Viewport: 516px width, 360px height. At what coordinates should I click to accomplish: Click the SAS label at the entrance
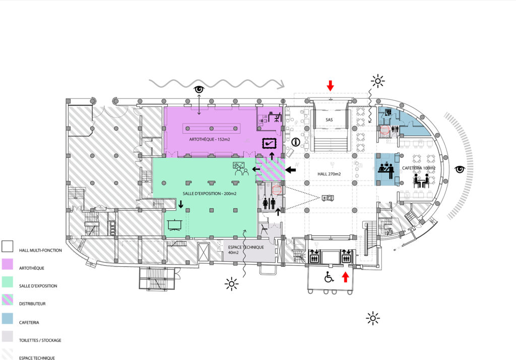click(329, 120)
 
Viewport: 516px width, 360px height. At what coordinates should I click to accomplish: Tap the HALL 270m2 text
click(329, 174)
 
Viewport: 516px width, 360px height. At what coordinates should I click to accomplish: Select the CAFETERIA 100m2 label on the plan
click(419, 168)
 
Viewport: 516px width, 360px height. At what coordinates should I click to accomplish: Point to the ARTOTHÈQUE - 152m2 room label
click(209, 139)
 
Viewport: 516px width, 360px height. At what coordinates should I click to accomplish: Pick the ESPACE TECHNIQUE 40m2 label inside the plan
click(246, 250)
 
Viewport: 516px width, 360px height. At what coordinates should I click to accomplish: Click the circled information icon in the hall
click(296, 142)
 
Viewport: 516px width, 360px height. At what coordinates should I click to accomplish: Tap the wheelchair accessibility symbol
click(329, 277)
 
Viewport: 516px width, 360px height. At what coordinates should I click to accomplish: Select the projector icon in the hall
click(328, 198)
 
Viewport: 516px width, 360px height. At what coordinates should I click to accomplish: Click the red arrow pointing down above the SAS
click(330, 85)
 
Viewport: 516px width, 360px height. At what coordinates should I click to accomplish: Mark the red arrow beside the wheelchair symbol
click(345, 277)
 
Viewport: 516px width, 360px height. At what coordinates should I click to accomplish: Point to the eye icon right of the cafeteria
click(460, 169)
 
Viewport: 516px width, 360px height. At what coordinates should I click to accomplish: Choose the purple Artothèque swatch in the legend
click(7, 264)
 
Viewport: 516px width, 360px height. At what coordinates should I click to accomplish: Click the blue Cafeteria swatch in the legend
click(7, 318)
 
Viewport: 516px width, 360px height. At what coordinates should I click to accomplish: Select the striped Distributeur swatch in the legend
click(7, 299)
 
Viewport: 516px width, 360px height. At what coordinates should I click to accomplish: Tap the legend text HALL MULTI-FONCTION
click(40, 250)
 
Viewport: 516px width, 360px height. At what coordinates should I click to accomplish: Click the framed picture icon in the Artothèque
click(269, 144)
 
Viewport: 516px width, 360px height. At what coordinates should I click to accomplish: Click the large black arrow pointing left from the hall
click(291, 170)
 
